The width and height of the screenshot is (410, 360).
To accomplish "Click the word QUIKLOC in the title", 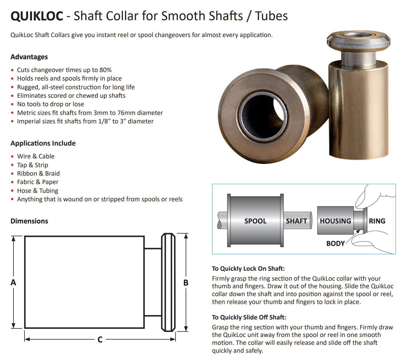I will [x=37, y=16].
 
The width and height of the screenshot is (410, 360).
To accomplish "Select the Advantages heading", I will [x=29, y=57].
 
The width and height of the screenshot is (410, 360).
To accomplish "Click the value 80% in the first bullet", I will [x=105, y=70].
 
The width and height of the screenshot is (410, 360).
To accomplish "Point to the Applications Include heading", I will [x=43, y=143].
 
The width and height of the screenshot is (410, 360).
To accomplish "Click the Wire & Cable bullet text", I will [x=36, y=156].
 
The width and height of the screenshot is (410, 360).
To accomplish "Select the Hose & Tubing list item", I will [x=38, y=191].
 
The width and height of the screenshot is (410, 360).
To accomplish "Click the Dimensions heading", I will [x=29, y=221].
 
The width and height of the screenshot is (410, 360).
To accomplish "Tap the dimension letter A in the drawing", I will [x=13, y=282].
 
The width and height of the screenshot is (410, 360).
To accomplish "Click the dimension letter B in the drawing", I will [x=186, y=283].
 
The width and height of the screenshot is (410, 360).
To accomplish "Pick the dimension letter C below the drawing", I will [x=100, y=340].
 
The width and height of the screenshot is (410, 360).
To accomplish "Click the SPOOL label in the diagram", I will [x=255, y=221].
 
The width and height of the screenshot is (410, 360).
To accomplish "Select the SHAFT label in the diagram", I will [x=296, y=221].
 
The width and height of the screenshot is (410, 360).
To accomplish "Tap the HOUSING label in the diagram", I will [x=335, y=221].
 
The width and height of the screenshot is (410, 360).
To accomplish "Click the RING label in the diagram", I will [x=377, y=221].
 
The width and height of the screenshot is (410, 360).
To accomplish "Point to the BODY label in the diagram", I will [x=335, y=244].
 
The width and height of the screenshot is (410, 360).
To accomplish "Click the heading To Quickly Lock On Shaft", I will [x=248, y=269].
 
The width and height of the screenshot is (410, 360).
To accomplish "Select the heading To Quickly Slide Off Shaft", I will [x=249, y=317].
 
